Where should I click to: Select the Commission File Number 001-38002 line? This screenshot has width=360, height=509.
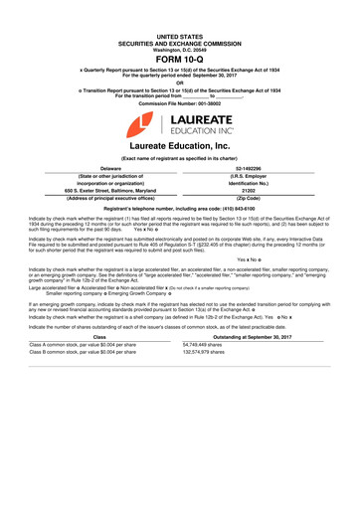point(179,101)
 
